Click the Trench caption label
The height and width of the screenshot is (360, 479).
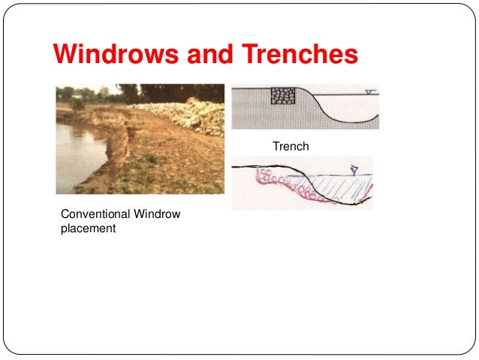tap(291, 147)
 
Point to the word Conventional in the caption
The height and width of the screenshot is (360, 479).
tap(93, 215)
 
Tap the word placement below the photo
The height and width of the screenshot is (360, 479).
tap(88, 228)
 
